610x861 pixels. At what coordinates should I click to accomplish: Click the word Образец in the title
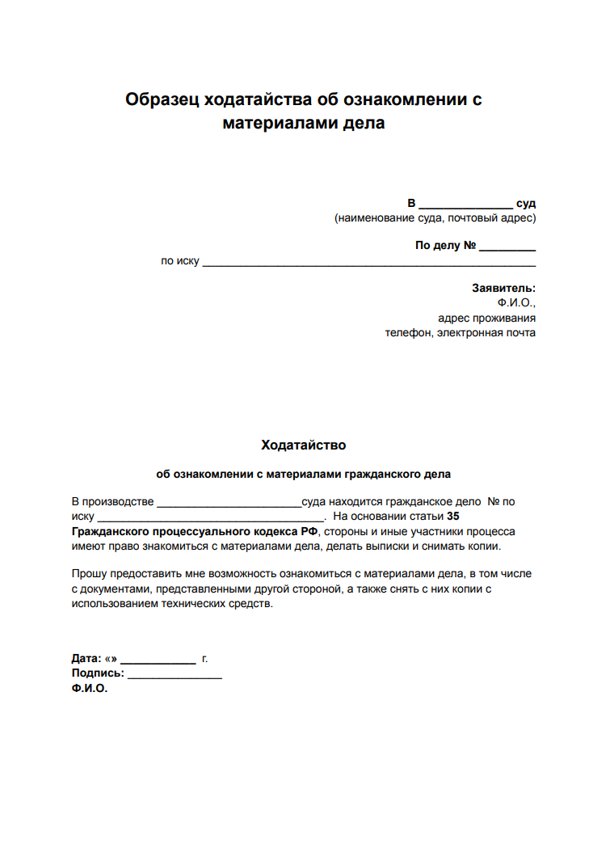[x=162, y=100]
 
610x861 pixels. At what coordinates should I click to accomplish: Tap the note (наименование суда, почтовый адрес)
[x=435, y=218]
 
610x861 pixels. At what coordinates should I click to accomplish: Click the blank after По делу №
[x=507, y=247]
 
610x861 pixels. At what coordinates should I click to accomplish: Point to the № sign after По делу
[x=469, y=245]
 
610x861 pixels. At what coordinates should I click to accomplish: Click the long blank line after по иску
[x=368, y=263]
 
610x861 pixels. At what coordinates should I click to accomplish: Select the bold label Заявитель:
[x=503, y=288]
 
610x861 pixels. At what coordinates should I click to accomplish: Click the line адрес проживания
[x=486, y=318]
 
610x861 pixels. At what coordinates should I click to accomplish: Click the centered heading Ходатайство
[x=304, y=445]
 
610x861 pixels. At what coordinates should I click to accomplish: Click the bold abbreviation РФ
[x=310, y=531]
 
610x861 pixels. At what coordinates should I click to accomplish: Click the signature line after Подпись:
[x=175, y=675]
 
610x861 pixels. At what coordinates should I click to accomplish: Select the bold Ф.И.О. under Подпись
[x=90, y=689]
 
